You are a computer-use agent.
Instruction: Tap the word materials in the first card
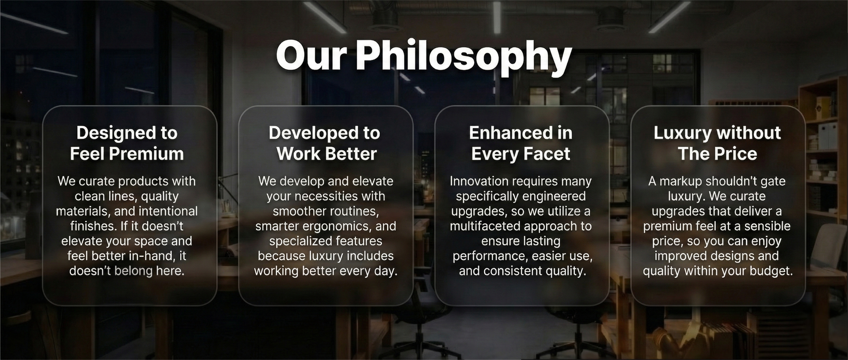[x=83, y=211]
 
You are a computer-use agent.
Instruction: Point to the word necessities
[x=322, y=196]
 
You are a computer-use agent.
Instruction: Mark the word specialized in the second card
[x=301, y=241]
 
